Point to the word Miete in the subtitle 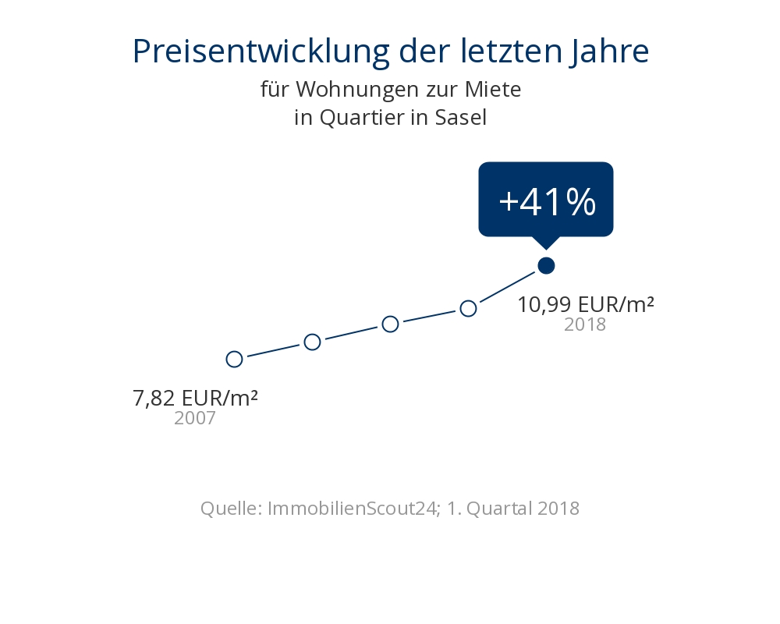[494, 90]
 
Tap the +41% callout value [547, 202]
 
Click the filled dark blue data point [546, 266]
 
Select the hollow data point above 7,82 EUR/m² [234, 359]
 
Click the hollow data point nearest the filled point [468, 308]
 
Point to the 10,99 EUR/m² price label [586, 304]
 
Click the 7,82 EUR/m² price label [196, 398]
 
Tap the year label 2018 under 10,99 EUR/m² [585, 324]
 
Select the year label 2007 [195, 418]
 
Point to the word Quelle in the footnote [230, 509]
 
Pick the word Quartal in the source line [498, 509]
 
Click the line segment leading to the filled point [507, 287]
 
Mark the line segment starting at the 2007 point [273, 350]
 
